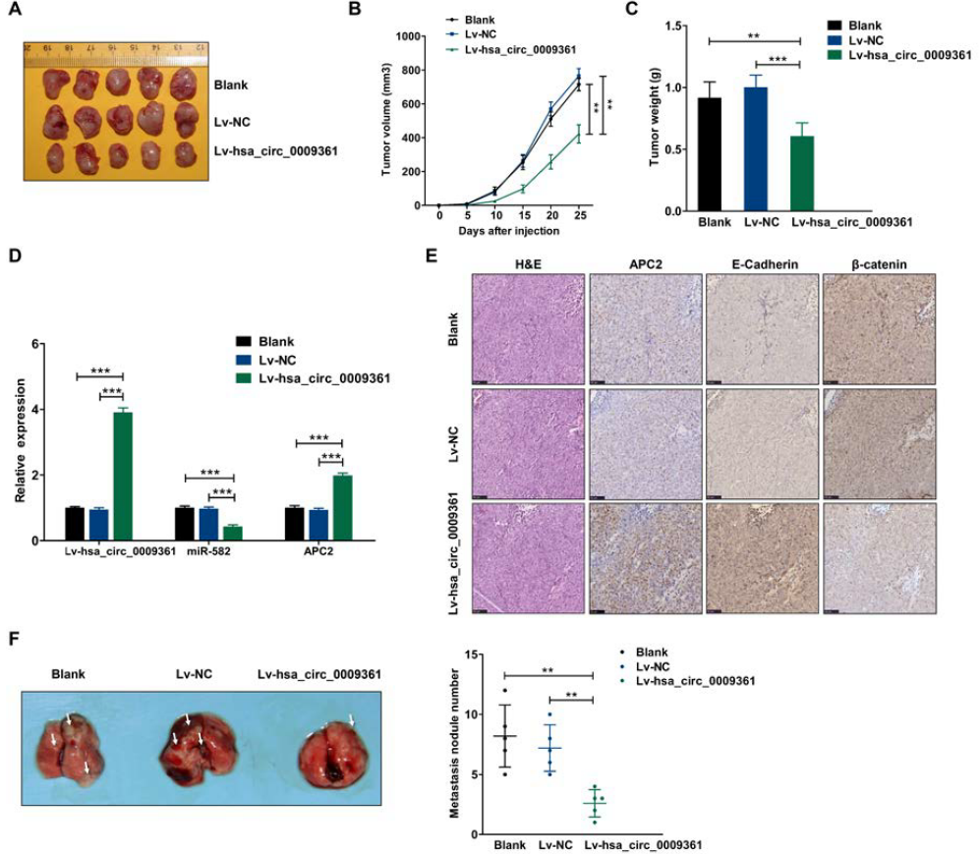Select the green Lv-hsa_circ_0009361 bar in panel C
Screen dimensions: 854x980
coord(803,173)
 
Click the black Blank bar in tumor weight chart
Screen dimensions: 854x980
coord(709,154)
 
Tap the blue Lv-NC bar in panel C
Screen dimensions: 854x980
coord(756,149)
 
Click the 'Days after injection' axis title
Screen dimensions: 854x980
coord(508,231)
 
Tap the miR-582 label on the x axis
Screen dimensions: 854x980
coord(207,552)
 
